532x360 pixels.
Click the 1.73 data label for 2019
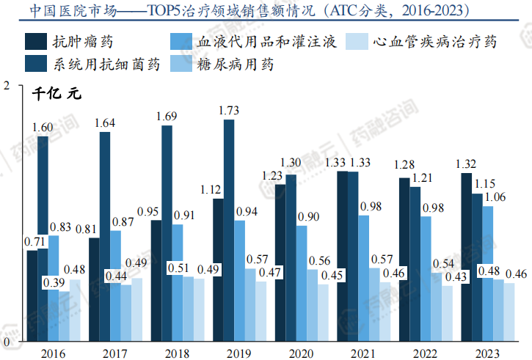click(x=229, y=111)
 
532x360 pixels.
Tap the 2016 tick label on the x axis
click(x=53, y=353)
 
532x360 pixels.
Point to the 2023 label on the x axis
click(x=487, y=353)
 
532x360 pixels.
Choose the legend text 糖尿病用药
click(x=236, y=65)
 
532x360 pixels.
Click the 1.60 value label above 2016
click(x=43, y=128)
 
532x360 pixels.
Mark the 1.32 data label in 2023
click(x=466, y=164)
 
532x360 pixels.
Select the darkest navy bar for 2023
click(x=466, y=257)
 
